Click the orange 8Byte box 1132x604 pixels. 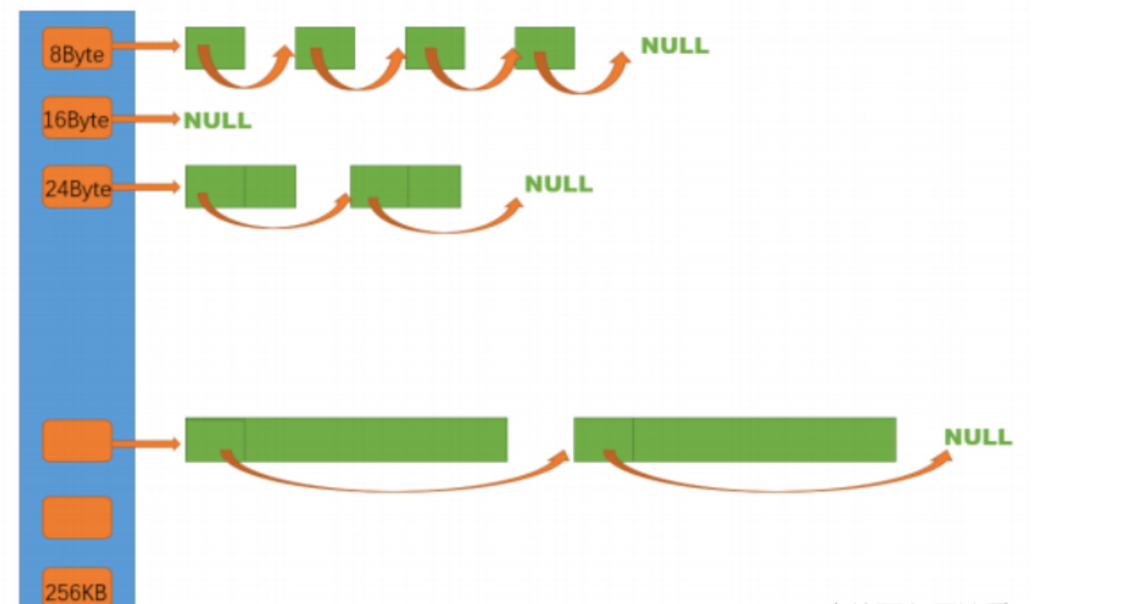coord(77,48)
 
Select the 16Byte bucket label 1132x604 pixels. coord(77,118)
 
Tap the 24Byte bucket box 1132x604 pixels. coord(77,187)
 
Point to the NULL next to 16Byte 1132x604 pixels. coord(217,120)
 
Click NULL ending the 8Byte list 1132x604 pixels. coord(674,46)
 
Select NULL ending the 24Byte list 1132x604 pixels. coord(558,184)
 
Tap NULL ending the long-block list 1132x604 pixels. coord(978,437)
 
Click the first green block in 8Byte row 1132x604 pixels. coord(215,48)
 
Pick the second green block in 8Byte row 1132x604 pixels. coord(325,48)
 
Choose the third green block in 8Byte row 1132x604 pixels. coord(434,48)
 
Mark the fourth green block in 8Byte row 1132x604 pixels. coord(544,48)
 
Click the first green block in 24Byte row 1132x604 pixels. coord(241,186)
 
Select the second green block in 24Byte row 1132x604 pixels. coord(405,186)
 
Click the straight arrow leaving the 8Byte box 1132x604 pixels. coord(147,47)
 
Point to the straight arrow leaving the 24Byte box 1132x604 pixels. coord(147,187)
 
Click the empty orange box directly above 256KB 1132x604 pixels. coord(77,517)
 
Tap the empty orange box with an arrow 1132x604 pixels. coord(77,441)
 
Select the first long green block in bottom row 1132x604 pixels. coord(346,439)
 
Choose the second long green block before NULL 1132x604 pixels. coord(734,439)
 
